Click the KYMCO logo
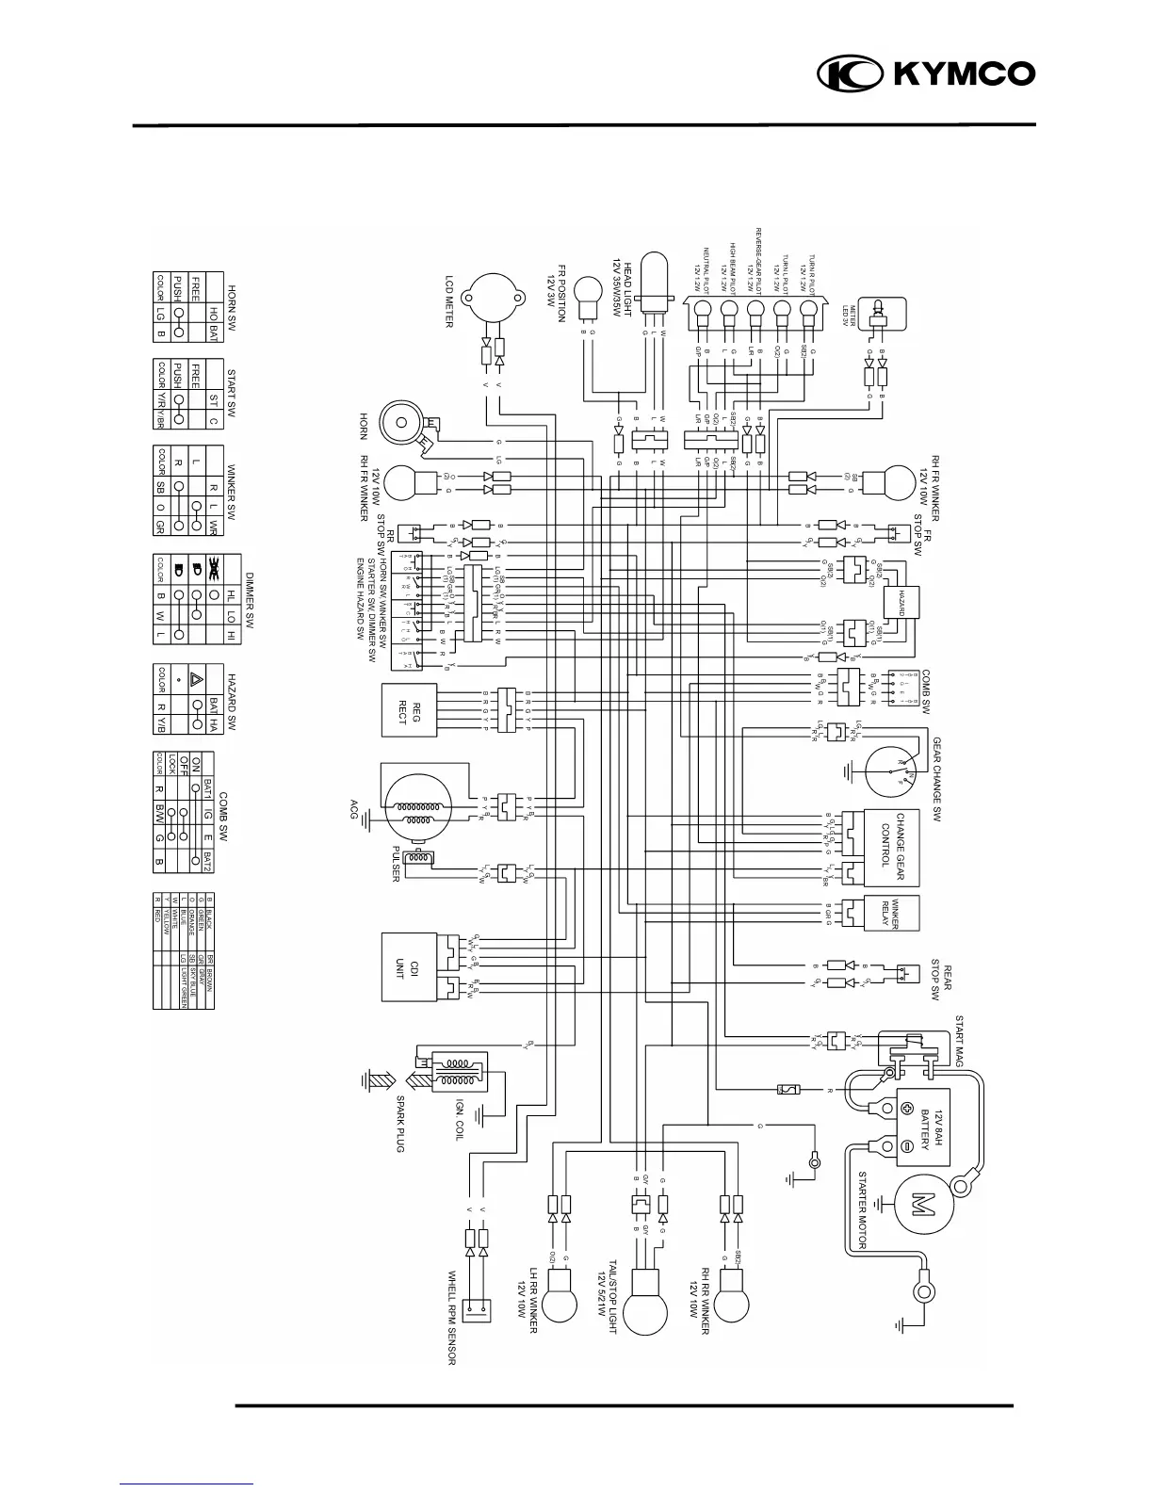click(926, 73)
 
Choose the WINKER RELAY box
click(890, 912)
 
